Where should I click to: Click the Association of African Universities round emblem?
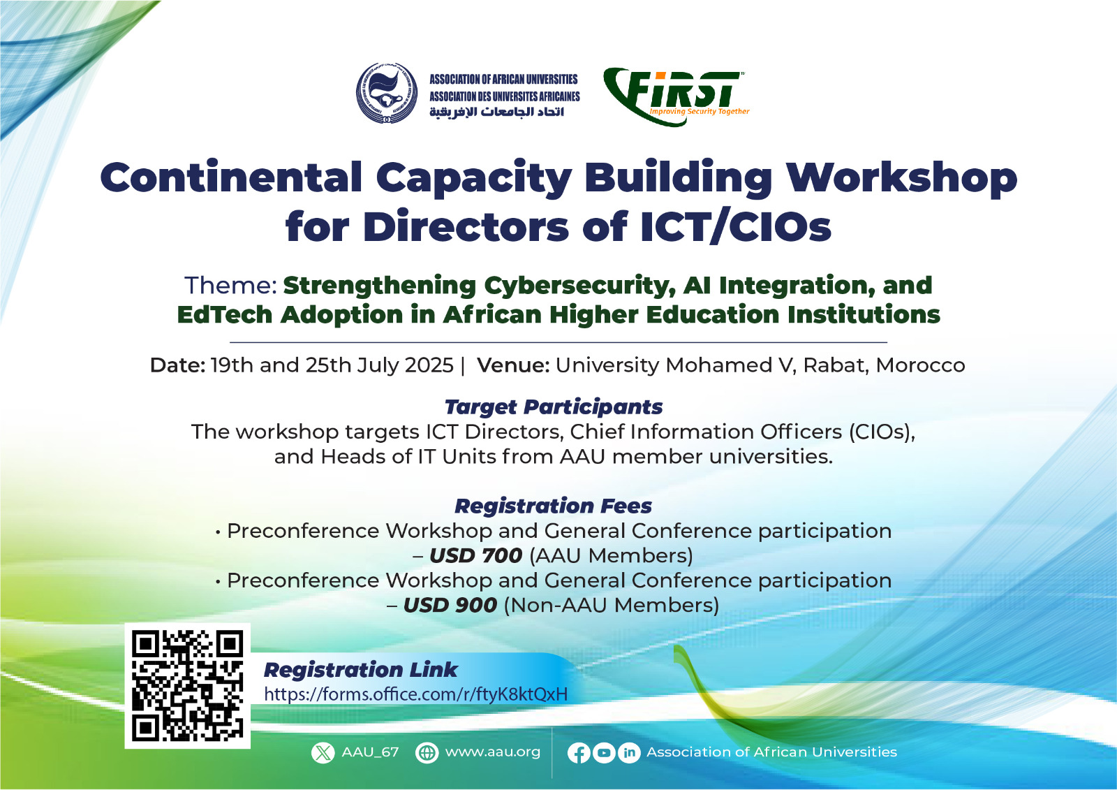point(387,93)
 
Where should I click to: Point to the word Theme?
point(231,286)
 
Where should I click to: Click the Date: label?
point(177,365)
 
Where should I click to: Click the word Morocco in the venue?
point(921,365)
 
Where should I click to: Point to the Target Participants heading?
point(554,407)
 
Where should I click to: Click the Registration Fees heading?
point(554,506)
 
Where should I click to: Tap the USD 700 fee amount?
point(475,555)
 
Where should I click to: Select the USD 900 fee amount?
point(450,605)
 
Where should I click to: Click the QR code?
point(188,686)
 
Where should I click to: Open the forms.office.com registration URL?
point(416,694)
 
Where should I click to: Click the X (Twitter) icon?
point(323,752)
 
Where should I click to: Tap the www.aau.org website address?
point(493,752)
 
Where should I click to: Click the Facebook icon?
point(579,752)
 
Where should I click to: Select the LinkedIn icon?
point(629,752)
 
